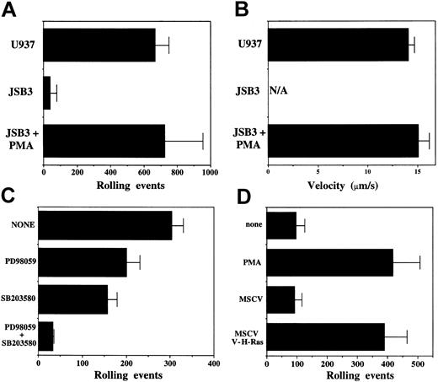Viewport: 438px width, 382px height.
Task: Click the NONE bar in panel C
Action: point(105,225)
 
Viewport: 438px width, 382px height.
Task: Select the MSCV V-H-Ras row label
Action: point(246,336)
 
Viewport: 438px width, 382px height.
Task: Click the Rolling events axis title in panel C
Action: point(126,377)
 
